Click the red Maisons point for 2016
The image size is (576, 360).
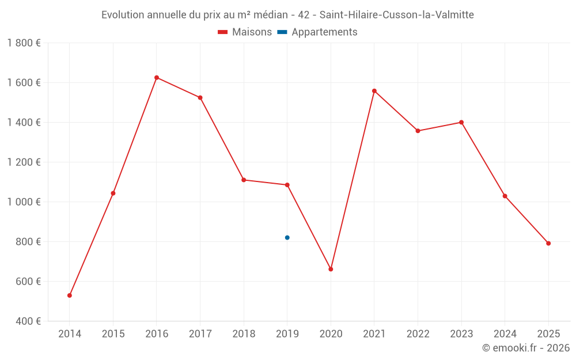157,78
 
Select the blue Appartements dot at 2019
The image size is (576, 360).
287,237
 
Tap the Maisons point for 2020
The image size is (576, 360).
331,269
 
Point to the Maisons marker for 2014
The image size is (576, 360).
70,295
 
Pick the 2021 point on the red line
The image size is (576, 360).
374,91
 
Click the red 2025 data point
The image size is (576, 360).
548,243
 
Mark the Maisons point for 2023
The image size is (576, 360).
461,122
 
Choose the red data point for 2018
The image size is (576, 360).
244,180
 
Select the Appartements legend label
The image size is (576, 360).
324,32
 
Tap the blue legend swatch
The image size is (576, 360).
282,32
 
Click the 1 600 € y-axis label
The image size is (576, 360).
24,83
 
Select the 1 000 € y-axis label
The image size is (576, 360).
24,202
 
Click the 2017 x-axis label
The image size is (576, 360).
200,334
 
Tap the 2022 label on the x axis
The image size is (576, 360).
418,334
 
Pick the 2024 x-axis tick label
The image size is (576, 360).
505,334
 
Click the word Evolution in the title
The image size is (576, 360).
122,15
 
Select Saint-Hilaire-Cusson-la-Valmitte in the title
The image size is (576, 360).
396,15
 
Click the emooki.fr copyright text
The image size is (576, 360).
525,348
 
